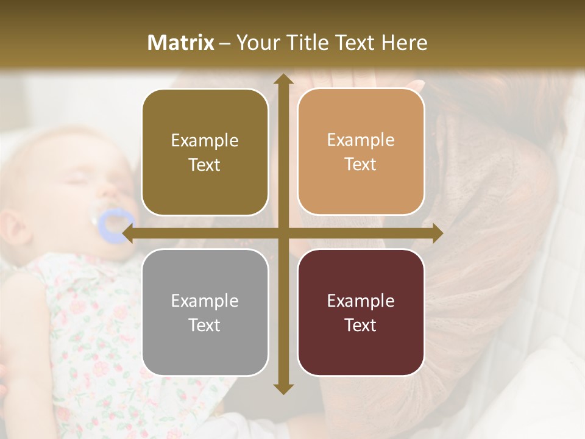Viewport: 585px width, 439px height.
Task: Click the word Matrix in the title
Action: click(181, 43)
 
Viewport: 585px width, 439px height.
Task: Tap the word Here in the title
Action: click(405, 43)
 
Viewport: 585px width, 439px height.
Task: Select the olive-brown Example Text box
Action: click(205, 152)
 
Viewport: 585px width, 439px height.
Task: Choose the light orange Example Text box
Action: click(361, 152)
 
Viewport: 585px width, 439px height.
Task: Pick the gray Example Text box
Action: click(205, 312)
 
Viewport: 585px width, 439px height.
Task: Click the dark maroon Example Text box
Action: click(361, 312)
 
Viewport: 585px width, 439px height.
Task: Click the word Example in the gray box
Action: click(205, 301)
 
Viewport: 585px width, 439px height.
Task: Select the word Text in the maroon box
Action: click(361, 325)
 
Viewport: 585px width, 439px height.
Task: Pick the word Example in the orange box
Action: click(361, 140)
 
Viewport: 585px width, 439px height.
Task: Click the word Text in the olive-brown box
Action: click(205, 165)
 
